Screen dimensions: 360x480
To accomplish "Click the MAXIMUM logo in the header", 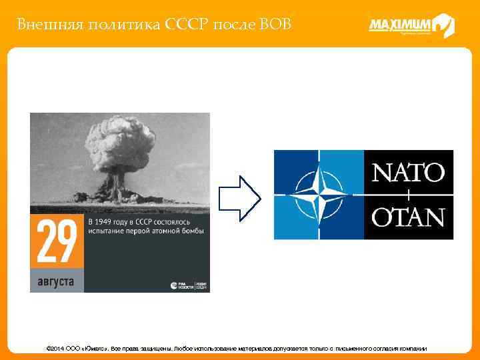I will coord(411,25).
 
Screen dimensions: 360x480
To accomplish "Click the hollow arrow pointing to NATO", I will coord(240,197).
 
